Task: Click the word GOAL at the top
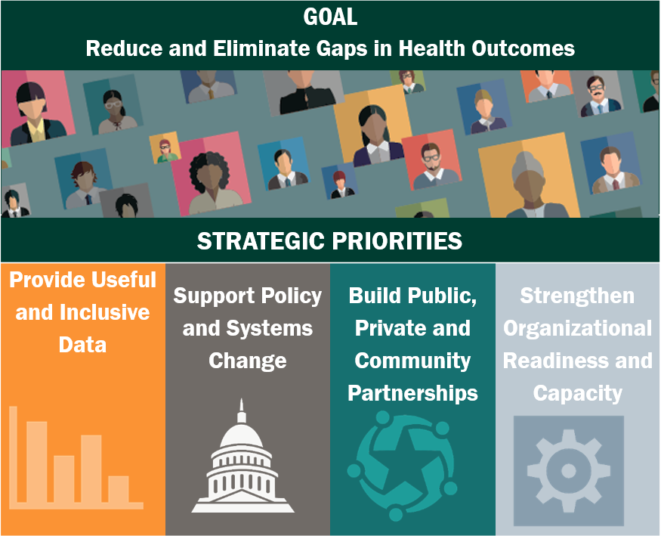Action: [x=331, y=17]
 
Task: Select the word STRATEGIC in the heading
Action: [x=261, y=241]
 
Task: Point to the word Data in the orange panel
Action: [x=82, y=345]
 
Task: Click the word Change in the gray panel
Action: [x=248, y=361]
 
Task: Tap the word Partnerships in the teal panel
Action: [x=412, y=393]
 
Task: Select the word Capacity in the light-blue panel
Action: [x=578, y=393]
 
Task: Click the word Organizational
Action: [x=578, y=329]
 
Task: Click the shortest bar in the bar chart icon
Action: [x=119, y=489]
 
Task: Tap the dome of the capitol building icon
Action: [x=242, y=436]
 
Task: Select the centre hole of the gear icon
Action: [x=568, y=471]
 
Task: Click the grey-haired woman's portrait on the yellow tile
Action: [x=530, y=185]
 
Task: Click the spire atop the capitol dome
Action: [x=242, y=410]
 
